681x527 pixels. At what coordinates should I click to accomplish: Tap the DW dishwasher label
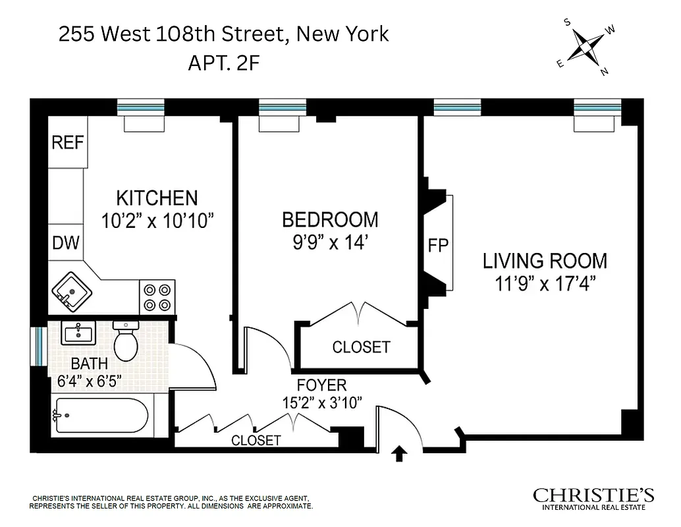coord(66,243)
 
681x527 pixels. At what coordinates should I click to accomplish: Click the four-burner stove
coord(157,296)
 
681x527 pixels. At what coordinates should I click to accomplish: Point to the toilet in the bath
coord(124,341)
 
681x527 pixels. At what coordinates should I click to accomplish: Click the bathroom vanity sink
coord(78,333)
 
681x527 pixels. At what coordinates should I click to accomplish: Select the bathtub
coord(102,416)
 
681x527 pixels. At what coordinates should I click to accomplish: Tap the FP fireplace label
coord(438,245)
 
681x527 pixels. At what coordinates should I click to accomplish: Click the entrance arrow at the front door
coord(399,454)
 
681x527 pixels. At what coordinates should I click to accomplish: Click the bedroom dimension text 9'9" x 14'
coord(330,242)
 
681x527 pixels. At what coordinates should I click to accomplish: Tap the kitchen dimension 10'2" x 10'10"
coord(158,221)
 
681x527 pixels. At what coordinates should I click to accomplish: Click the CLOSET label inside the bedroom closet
coord(361,347)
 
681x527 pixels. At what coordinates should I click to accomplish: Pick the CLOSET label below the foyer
coord(256,441)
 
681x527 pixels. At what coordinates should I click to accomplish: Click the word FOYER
coord(321,385)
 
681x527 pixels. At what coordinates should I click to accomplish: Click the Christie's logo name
coord(593,495)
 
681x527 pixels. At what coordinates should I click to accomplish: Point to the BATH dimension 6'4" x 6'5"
coord(86,381)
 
